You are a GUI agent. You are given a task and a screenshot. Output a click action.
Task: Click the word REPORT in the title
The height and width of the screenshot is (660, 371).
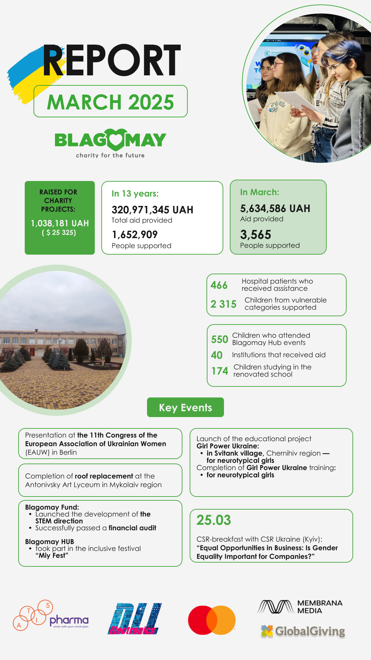click(112, 60)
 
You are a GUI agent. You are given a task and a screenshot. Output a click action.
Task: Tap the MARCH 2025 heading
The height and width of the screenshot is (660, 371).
click(110, 102)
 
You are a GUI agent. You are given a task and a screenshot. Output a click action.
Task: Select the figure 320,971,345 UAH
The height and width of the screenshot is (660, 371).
click(152, 210)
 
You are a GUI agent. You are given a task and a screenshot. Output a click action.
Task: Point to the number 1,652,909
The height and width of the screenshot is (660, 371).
click(135, 235)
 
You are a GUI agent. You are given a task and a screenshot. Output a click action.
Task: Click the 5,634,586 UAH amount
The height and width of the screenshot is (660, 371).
click(275, 209)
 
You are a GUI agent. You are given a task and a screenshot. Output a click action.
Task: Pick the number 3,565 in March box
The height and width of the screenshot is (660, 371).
click(256, 235)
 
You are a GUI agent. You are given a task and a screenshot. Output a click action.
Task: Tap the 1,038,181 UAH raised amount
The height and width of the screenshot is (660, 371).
click(60, 223)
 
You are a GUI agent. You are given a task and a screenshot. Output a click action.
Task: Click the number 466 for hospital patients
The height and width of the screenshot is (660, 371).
click(219, 285)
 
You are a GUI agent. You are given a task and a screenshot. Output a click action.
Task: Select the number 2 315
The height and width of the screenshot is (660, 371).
click(223, 304)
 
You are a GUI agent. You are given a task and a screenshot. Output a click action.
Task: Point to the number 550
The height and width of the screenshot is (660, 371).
click(220, 339)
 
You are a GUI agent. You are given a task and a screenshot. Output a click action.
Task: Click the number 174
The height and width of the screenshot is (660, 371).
click(220, 371)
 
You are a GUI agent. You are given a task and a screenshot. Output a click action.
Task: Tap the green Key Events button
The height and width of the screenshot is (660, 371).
click(185, 407)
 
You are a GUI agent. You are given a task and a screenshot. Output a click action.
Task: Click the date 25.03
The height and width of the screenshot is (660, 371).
click(214, 520)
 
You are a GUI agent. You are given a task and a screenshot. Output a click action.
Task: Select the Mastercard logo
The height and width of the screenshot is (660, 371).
click(212, 620)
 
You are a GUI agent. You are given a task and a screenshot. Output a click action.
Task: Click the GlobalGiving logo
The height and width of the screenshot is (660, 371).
click(303, 631)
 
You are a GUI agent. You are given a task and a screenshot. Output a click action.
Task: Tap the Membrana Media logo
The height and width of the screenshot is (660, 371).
click(300, 607)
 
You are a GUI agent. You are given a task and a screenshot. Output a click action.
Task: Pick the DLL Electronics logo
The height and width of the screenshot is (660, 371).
click(134, 619)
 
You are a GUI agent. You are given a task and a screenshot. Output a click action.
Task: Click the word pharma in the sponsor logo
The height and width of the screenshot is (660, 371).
click(69, 620)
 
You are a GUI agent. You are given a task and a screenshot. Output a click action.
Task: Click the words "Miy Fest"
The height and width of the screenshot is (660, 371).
click(52, 555)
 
